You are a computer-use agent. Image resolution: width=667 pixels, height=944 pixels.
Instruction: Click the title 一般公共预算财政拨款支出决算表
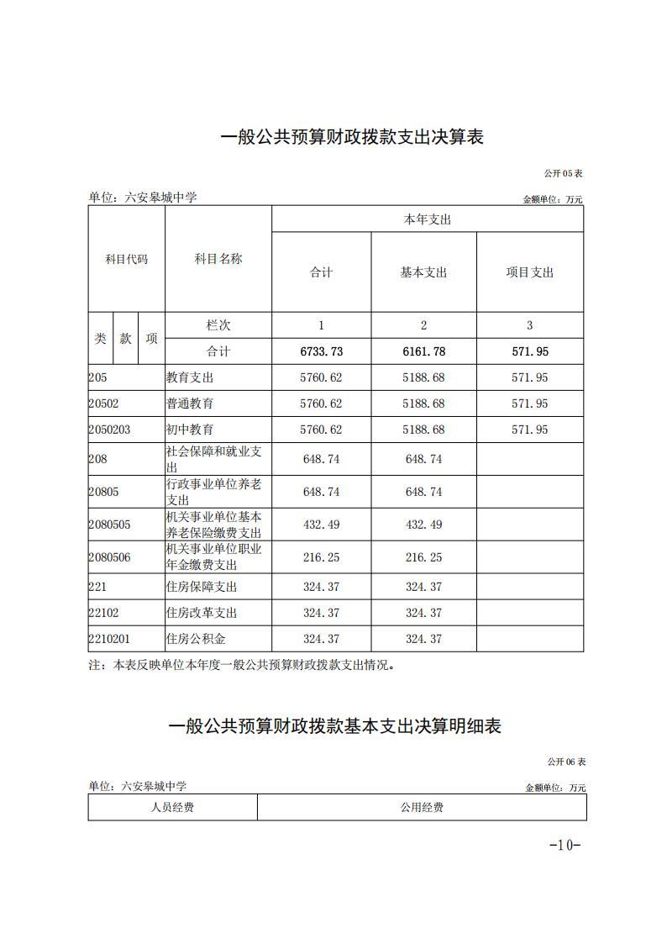(352, 137)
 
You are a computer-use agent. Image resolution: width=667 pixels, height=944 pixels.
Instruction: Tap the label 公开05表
(563, 172)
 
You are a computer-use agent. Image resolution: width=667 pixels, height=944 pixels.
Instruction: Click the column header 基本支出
(423, 272)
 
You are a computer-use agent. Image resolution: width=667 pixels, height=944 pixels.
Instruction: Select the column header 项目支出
(529, 272)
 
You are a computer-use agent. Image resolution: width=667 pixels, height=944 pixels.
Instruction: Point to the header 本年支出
(427, 219)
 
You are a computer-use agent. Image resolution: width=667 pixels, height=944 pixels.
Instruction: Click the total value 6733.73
(321, 351)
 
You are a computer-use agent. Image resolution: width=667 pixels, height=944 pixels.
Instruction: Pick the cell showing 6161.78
(423, 351)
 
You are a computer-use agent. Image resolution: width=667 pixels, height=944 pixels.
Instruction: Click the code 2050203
(109, 430)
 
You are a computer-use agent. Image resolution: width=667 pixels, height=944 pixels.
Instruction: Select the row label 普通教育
(190, 403)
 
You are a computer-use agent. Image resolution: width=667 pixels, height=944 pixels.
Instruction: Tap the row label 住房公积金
(196, 639)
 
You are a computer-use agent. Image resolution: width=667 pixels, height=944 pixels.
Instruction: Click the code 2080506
(109, 556)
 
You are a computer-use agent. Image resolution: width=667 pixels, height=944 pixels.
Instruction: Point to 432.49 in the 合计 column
(321, 525)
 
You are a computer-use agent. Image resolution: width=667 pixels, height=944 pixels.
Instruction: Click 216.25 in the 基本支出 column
(423, 556)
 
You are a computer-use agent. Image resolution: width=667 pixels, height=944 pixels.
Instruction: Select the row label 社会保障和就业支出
(214, 459)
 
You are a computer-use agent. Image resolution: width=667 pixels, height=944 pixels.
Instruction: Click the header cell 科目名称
(218, 259)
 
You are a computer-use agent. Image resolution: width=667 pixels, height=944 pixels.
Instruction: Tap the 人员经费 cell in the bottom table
(172, 808)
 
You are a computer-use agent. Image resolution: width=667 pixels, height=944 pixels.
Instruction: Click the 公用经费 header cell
(422, 808)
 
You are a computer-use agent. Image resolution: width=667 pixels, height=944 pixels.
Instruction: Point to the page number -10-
(565, 845)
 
